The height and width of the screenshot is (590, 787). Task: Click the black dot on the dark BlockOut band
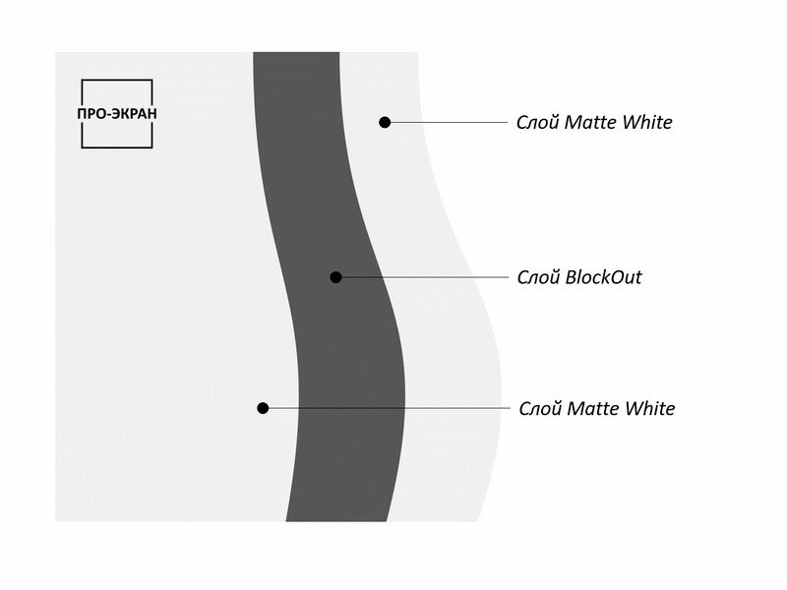point(335,277)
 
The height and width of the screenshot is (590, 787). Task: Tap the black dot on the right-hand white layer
point(385,122)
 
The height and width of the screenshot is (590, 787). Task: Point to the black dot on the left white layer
point(263,407)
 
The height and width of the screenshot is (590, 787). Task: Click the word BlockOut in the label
point(602,277)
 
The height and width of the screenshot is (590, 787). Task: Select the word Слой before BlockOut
point(537,277)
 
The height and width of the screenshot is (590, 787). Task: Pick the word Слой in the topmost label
point(537,123)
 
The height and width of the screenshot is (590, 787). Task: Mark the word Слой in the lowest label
point(539,408)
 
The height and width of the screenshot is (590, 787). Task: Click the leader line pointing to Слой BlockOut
point(423,277)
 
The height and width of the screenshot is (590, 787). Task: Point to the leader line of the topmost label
point(448,122)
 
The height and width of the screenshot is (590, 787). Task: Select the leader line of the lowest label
point(384,407)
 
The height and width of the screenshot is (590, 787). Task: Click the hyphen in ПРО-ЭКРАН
point(111,114)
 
